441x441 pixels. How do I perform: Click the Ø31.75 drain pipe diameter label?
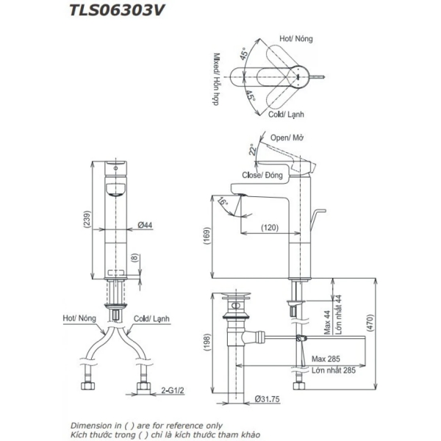point(268,398)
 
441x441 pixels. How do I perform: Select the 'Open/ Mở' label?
point(287,137)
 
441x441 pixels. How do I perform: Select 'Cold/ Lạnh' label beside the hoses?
point(148,318)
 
